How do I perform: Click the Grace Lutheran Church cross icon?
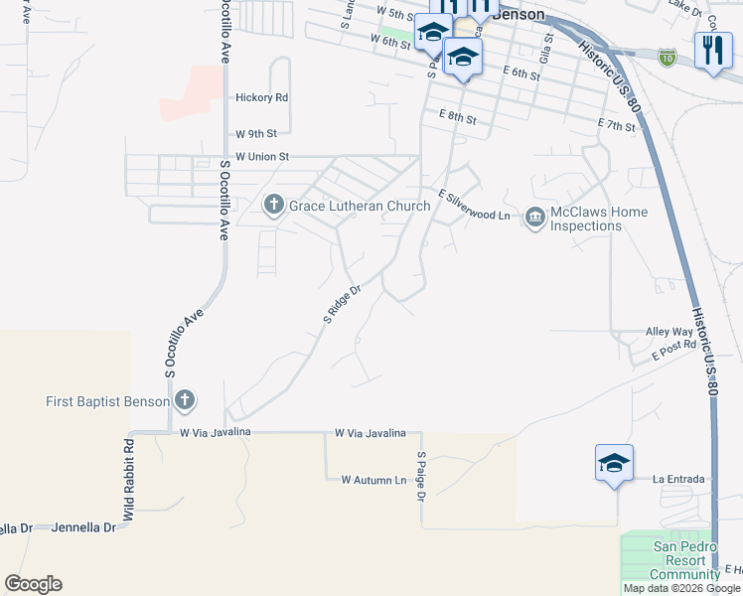click(274, 206)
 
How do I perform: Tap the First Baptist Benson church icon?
click(184, 401)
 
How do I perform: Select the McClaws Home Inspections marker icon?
click(535, 217)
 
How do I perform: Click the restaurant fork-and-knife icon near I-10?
click(711, 50)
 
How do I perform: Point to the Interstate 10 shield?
click(667, 58)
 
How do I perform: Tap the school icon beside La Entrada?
click(614, 464)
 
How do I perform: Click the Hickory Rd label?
click(261, 97)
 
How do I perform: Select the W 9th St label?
click(256, 133)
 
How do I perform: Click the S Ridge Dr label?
click(340, 305)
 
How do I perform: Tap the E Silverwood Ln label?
click(475, 206)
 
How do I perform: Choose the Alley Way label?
click(669, 332)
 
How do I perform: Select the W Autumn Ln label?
click(374, 480)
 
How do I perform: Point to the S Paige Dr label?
click(421, 476)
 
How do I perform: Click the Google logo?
click(33, 584)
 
